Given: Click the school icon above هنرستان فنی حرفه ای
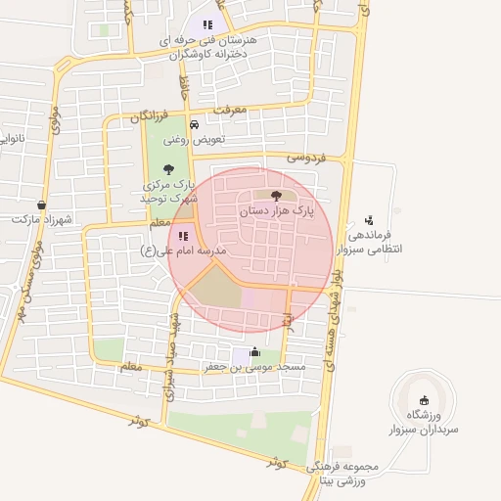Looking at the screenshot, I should point(206,24).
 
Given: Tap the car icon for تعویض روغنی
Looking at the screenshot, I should point(194,125).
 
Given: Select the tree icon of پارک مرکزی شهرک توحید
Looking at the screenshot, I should point(170,168).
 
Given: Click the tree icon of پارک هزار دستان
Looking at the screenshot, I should point(274,196).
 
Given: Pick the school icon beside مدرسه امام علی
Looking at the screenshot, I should point(183,235).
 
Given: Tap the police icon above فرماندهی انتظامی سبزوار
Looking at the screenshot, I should point(368,220).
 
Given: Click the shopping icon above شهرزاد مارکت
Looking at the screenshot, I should point(41,205).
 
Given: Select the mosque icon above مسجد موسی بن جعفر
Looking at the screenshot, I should point(255,351).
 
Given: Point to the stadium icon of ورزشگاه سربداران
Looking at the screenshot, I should point(424,399).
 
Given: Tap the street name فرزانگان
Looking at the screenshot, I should point(156,115).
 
